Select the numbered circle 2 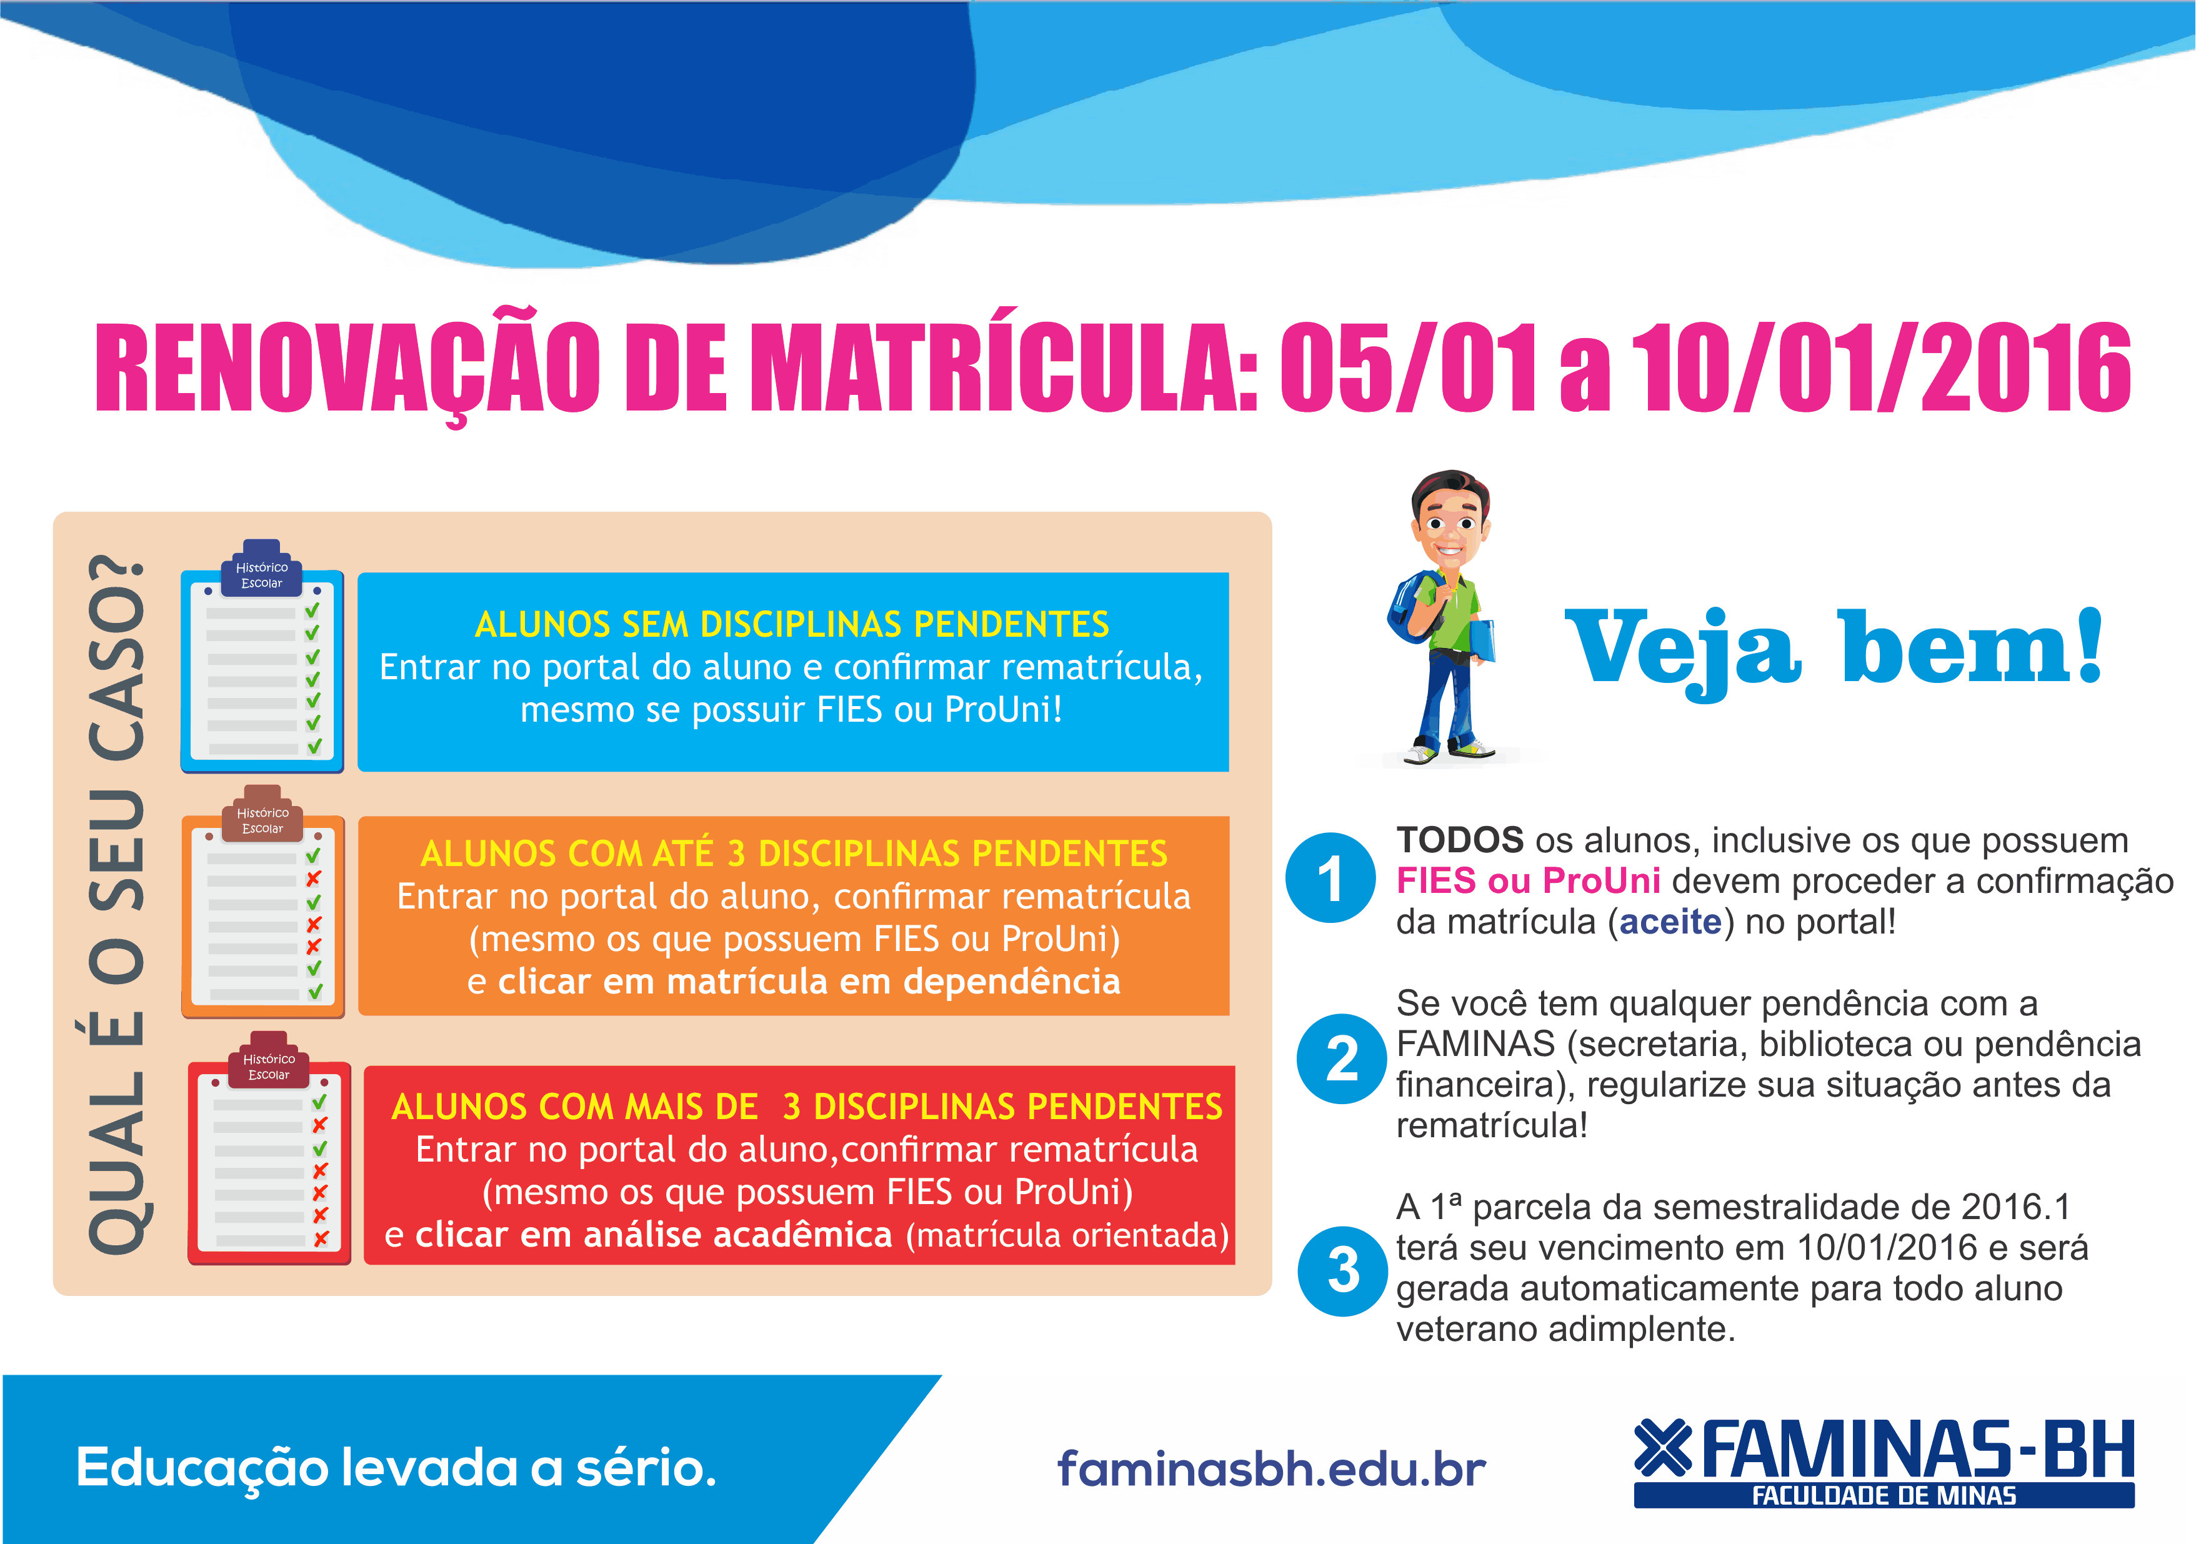pos(1342,1058)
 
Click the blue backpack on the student pos(1412,608)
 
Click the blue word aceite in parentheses pos(1670,922)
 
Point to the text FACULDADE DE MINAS pos(1884,1496)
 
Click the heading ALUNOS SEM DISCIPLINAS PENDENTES pos(792,624)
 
